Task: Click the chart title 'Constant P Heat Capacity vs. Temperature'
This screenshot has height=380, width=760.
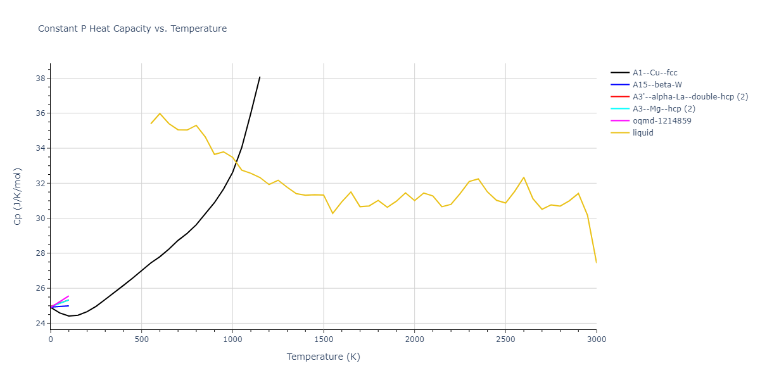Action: (x=132, y=28)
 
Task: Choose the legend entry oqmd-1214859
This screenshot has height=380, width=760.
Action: (x=662, y=121)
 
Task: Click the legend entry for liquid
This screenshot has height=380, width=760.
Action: (x=643, y=133)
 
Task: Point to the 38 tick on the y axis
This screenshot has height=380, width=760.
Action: (x=39, y=79)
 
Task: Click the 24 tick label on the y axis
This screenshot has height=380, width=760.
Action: (x=39, y=324)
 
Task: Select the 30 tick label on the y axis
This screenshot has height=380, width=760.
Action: (x=39, y=218)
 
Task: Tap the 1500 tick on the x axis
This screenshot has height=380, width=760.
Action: (x=323, y=339)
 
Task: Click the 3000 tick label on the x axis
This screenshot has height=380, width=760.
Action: (x=596, y=339)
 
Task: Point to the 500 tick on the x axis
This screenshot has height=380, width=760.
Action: (x=141, y=339)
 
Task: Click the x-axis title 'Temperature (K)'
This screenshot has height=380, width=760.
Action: (x=323, y=357)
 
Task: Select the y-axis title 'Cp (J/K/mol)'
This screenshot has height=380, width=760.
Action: (x=17, y=196)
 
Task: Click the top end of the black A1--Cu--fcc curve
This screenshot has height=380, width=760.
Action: (x=260, y=77)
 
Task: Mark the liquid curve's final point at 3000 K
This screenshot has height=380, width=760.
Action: (x=596, y=262)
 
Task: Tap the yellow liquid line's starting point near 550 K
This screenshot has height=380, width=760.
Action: (x=151, y=123)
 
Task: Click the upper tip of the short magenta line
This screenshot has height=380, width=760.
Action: (x=68, y=296)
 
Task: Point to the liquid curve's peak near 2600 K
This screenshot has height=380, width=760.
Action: (x=524, y=177)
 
